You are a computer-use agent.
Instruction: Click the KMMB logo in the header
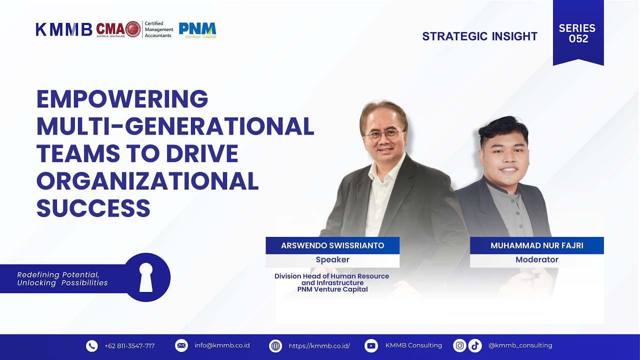[63, 29]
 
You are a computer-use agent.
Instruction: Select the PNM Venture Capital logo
[197, 30]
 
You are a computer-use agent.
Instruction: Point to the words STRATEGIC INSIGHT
[479, 36]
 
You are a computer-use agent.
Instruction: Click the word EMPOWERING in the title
[122, 99]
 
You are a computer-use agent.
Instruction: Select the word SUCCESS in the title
[93, 207]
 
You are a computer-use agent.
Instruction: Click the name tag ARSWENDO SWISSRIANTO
[332, 245]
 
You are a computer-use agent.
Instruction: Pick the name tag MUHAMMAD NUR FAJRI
[536, 245]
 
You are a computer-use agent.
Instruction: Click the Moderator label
[536, 260]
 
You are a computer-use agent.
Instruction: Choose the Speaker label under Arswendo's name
[332, 260]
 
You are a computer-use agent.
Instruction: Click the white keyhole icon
[146, 276]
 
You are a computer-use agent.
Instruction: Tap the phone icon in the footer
[92, 345]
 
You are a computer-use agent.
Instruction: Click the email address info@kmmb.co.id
[222, 345]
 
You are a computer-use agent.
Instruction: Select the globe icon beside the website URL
[275, 345]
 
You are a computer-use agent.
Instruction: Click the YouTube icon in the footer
[371, 345]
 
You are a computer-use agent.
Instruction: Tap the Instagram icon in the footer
[459, 345]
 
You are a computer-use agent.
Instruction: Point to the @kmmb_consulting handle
[520, 345]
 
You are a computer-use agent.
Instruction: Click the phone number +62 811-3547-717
[129, 346]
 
